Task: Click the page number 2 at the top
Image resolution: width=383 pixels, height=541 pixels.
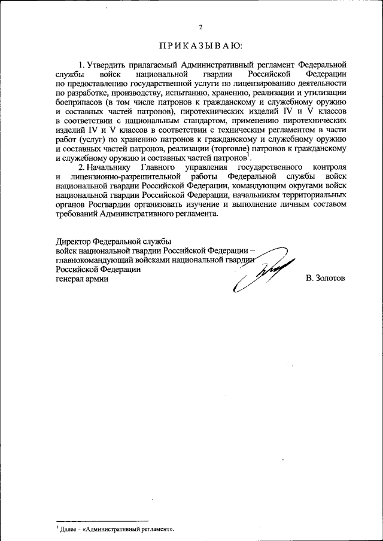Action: click(x=201, y=27)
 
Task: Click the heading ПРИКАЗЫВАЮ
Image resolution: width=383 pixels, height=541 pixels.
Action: click(x=201, y=45)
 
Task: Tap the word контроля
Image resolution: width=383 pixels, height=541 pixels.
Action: click(x=329, y=169)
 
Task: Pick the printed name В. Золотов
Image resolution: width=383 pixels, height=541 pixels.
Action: click(x=325, y=279)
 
